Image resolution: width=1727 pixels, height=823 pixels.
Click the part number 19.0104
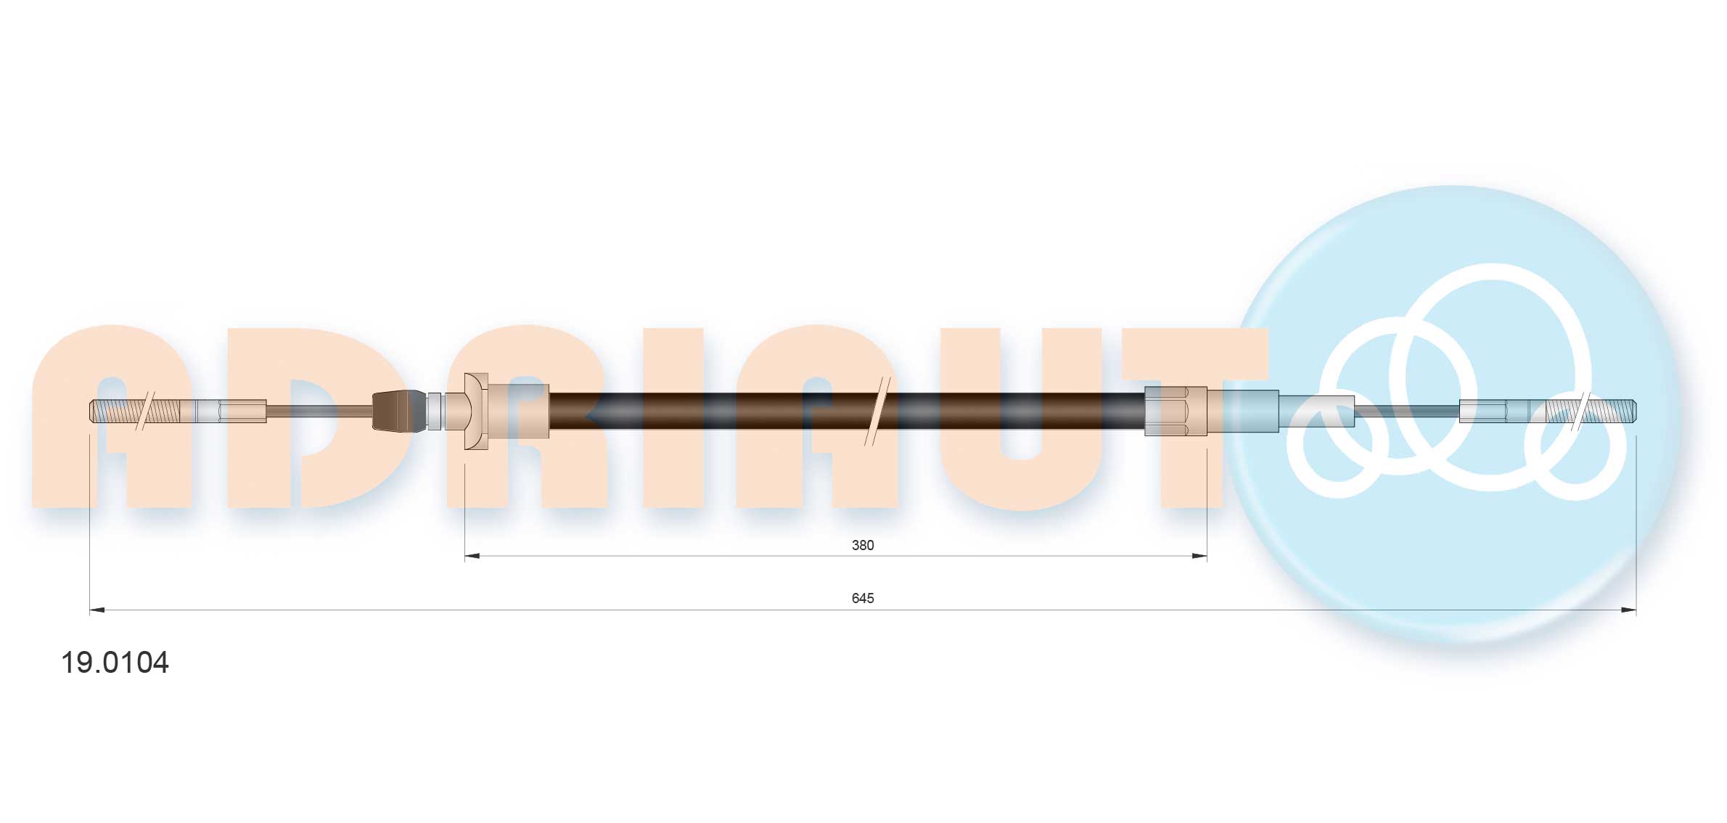click(x=115, y=663)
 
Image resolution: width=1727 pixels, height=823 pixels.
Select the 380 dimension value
click(x=862, y=545)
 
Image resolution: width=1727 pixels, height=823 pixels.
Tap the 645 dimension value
click(x=862, y=598)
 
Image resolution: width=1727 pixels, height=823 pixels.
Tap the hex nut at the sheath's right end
click(x=1176, y=411)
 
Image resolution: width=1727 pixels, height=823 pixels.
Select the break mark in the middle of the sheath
click(x=877, y=411)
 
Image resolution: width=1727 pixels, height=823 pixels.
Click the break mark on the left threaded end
click(x=145, y=411)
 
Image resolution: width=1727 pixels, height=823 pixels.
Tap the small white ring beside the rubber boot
click(x=434, y=411)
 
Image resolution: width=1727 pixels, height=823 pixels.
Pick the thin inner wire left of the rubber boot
click(x=319, y=411)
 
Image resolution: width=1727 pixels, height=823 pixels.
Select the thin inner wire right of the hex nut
click(x=1408, y=411)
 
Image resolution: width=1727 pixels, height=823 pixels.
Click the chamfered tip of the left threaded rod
click(x=92, y=411)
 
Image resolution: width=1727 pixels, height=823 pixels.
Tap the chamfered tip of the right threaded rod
click(x=1633, y=411)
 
